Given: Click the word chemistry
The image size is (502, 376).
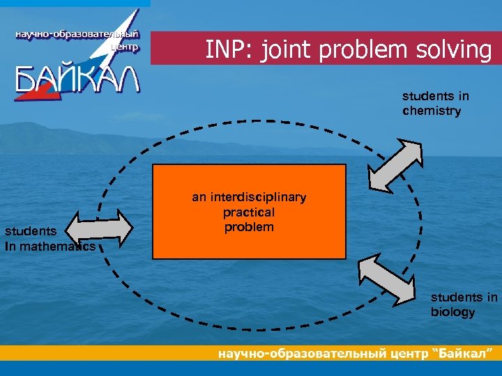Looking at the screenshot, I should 432,111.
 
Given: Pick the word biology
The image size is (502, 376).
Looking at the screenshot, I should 452,312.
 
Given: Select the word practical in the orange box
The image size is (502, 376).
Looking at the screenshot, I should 249,212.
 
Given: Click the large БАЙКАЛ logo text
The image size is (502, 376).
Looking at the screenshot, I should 78,79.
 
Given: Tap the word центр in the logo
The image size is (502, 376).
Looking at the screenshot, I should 125,47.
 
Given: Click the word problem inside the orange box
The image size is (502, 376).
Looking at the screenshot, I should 249,228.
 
